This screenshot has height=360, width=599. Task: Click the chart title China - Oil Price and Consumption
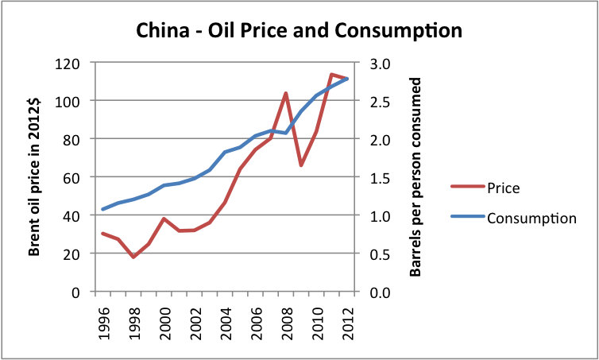click(x=299, y=31)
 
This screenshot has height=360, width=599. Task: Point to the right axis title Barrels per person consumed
click(x=415, y=177)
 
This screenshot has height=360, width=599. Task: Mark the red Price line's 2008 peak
click(x=286, y=93)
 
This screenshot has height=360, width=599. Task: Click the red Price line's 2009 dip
click(x=301, y=165)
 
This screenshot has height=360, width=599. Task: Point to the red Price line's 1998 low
click(x=133, y=257)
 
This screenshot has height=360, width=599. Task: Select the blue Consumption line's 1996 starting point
click(x=103, y=209)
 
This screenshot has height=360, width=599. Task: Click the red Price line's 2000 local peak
click(x=164, y=219)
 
